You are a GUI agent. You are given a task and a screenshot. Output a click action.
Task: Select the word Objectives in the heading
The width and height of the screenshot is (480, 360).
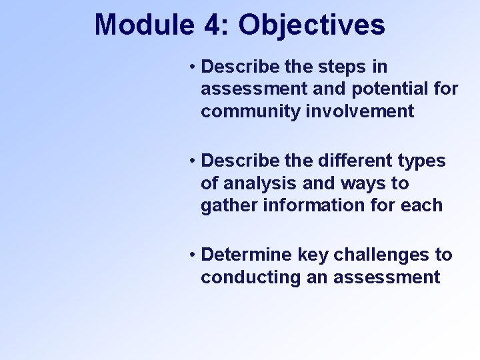pyautogui.click(x=311, y=25)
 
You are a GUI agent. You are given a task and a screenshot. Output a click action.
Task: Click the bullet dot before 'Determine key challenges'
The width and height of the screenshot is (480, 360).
pyautogui.click(x=191, y=255)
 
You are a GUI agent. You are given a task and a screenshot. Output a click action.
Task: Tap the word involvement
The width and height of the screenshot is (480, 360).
pyautogui.click(x=359, y=111)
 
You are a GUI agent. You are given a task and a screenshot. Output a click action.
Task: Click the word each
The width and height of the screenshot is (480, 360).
pyautogui.click(x=423, y=205)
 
